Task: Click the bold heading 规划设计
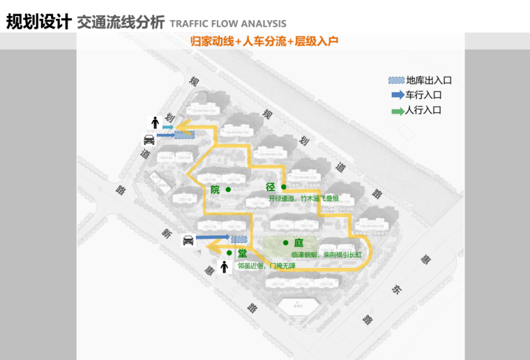pyautogui.click(x=38, y=22)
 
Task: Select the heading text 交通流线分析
pyautogui.click(x=121, y=22)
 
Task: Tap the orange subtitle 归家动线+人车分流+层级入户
pyautogui.click(x=264, y=41)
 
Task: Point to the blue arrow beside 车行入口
pyautogui.click(x=397, y=95)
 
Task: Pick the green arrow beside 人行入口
pyautogui.click(x=397, y=110)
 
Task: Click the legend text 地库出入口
pyautogui.click(x=429, y=80)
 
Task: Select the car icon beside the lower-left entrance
pyautogui.click(x=188, y=241)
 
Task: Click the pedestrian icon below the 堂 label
pyautogui.click(x=224, y=267)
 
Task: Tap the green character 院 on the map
pyautogui.click(x=215, y=190)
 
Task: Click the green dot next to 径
pyautogui.click(x=284, y=187)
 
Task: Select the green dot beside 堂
pyautogui.click(x=229, y=253)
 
